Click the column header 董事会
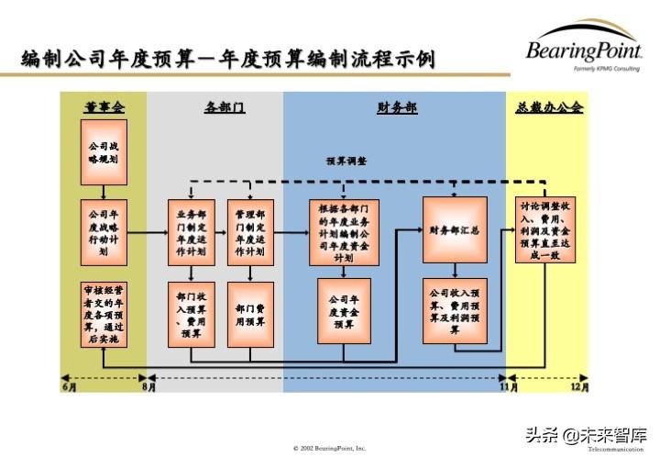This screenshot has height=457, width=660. [104, 107]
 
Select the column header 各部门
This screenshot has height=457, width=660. [224, 107]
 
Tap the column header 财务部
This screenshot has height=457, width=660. [396, 107]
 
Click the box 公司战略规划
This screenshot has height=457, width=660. [104, 151]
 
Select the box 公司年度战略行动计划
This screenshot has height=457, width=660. [104, 231]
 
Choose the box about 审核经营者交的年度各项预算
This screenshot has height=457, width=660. [104, 314]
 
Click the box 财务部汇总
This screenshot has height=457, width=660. [456, 230]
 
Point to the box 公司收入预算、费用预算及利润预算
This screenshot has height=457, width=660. [456, 312]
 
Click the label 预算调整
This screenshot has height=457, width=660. [346, 160]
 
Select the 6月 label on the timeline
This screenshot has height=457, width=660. [68, 387]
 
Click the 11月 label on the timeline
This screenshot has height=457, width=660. [508, 387]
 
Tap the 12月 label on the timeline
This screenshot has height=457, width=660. [580, 387]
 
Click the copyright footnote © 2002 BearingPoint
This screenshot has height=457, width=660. [329, 448]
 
